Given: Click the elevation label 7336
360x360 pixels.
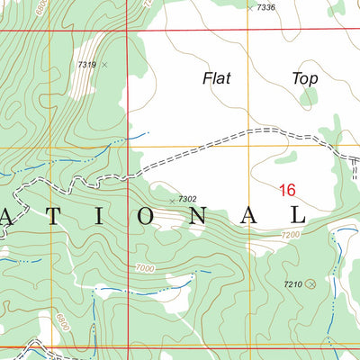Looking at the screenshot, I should pos(265,7).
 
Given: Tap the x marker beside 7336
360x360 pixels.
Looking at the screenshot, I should pos(250,7).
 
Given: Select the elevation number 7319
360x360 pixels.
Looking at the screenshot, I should pos(86,64).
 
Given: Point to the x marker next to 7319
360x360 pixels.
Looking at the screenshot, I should pos(104,65).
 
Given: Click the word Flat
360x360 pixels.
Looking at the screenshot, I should pos(216,78).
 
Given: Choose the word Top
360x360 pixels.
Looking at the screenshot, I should pos(305,78).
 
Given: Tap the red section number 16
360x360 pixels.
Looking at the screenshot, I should pos(287,190).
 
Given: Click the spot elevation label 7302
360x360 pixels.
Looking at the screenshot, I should pos(187,199).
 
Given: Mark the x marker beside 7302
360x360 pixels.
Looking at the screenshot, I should pos(172,200).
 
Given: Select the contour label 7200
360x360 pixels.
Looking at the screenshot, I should pos(290,234).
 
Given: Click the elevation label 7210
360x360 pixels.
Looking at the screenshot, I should pos(292,284).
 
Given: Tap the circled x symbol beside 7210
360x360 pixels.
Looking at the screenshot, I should pos(311,284).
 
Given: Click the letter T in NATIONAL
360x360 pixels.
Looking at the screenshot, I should pos(60,217).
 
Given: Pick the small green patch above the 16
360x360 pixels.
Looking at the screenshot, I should pos(285,157).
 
